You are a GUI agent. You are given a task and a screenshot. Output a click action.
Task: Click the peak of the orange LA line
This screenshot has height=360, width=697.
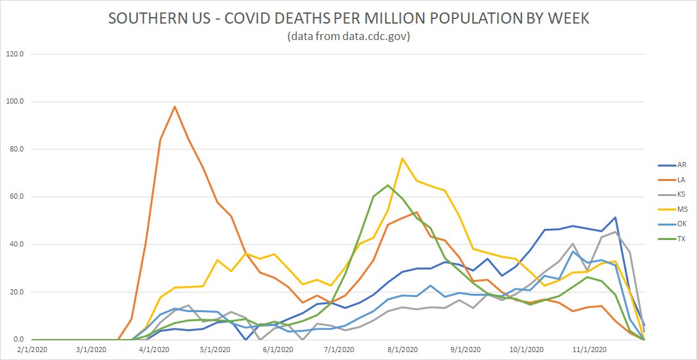[x=174, y=106]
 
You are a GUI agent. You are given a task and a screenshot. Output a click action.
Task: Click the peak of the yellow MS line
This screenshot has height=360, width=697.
[x=402, y=158]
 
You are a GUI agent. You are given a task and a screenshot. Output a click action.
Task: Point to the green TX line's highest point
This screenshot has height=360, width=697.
[x=388, y=185]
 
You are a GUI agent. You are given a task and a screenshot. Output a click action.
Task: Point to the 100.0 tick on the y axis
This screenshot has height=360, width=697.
[x=14, y=102]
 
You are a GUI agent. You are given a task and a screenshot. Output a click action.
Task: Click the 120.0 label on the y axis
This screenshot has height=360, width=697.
[x=14, y=54]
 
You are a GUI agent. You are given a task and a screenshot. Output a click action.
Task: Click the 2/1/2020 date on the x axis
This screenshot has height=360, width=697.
[x=31, y=350]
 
